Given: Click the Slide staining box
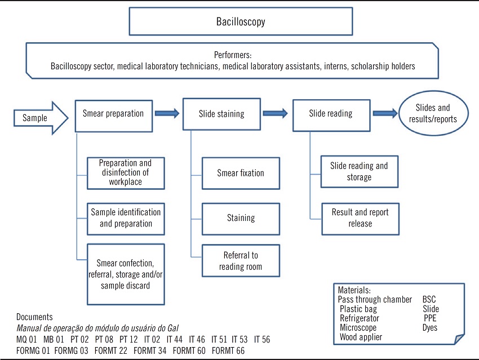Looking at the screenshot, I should point(221,114).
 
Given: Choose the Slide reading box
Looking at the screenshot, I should point(331,114).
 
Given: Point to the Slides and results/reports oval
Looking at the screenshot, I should point(433,114).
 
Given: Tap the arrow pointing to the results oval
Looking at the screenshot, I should point(385,114).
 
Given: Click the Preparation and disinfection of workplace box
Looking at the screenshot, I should point(126,173).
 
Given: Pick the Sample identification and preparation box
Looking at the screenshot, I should point(126,218).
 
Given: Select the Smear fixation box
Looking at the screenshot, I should point(241,174).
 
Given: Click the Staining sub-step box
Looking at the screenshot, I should point(241,217).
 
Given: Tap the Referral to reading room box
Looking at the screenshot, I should point(241,261).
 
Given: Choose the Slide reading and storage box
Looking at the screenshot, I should point(359,172).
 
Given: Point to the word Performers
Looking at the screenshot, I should point(232,55).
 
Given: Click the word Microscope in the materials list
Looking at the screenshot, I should point(358,327).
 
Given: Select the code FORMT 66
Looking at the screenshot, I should point(228,350).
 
